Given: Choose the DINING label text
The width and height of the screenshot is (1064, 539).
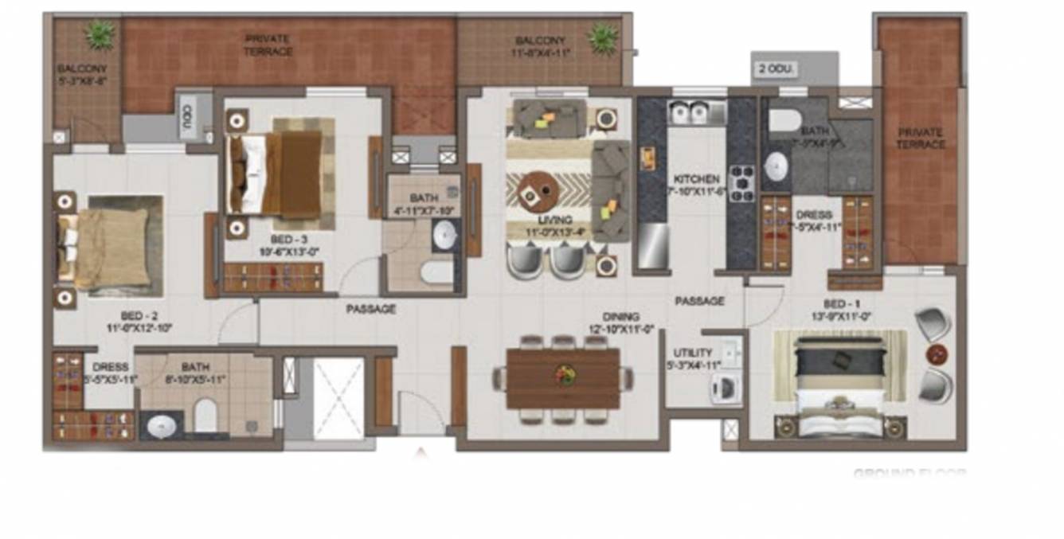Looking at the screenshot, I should [620, 317].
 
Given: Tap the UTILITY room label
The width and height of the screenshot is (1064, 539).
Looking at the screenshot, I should [687, 352].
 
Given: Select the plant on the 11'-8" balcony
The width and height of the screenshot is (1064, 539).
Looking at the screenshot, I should [602, 37].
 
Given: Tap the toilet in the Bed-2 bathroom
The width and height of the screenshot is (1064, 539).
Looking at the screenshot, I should [206, 416].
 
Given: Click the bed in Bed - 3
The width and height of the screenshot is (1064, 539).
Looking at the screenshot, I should [279, 169].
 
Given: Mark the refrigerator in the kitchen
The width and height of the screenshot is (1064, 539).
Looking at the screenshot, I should [652, 245].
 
